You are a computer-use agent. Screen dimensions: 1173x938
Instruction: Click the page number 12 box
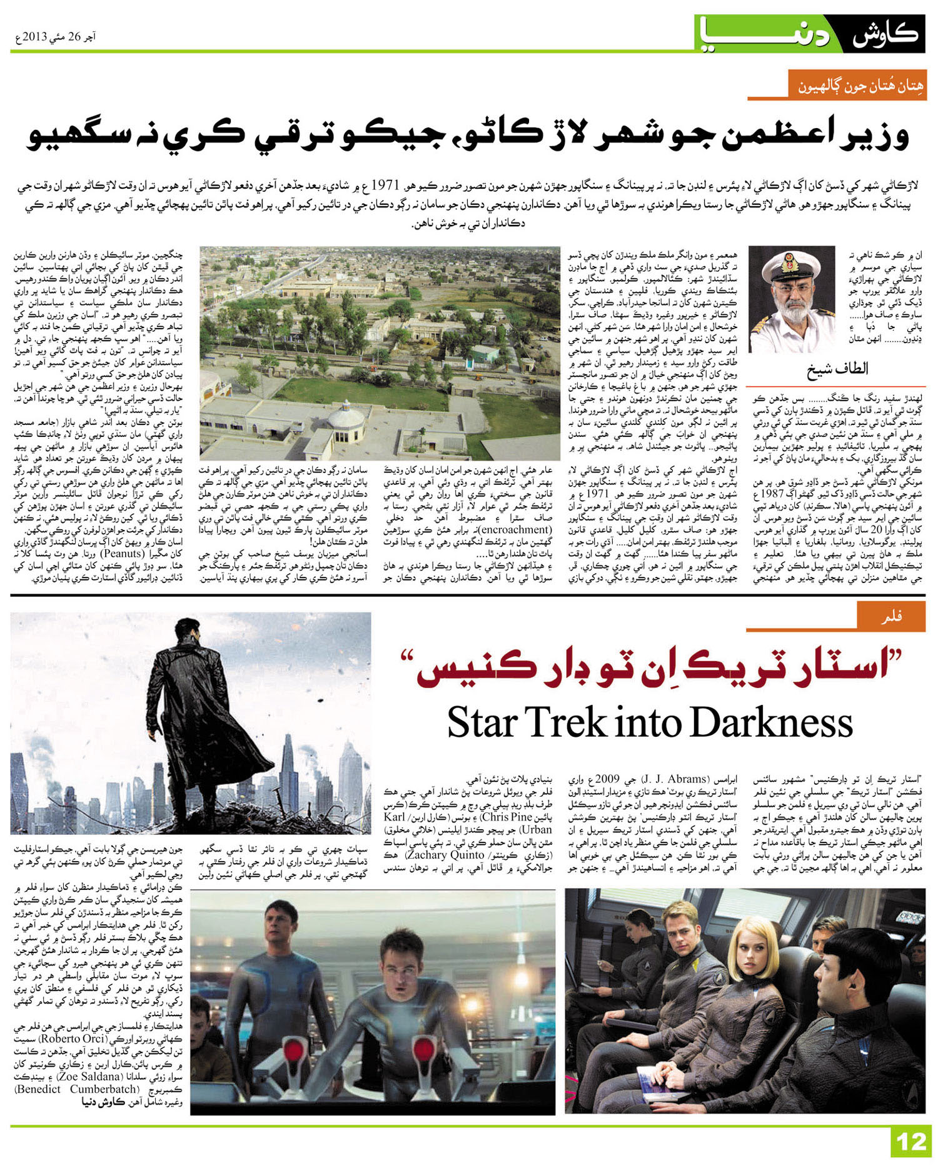[x=910, y=1142]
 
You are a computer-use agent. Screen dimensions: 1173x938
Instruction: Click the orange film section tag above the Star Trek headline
[x=891, y=617]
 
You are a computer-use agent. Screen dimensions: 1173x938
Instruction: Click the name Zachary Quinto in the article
[x=444, y=855]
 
